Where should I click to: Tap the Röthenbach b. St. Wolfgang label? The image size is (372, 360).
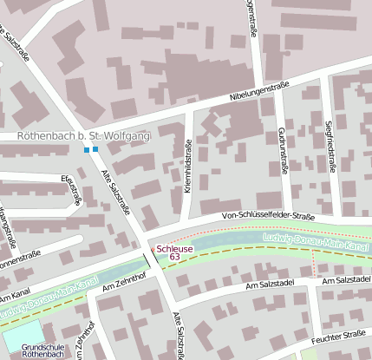(x=83, y=136)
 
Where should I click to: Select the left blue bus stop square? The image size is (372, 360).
(x=86, y=150)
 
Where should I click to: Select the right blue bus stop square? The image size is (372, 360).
(x=95, y=150)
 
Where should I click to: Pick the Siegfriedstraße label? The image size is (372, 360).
(x=330, y=147)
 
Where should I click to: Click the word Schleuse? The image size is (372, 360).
(x=175, y=246)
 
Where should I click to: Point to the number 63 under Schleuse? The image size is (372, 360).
(x=175, y=257)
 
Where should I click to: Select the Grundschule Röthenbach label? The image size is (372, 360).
(x=31, y=351)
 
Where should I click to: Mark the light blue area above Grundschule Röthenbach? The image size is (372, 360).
(x=22, y=331)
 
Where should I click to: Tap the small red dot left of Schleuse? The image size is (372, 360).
(x=155, y=250)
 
